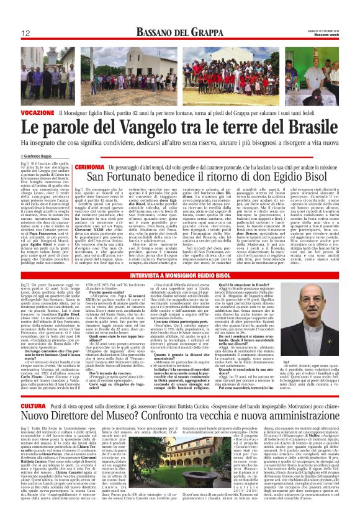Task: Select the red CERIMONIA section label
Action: (x=90, y=168)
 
